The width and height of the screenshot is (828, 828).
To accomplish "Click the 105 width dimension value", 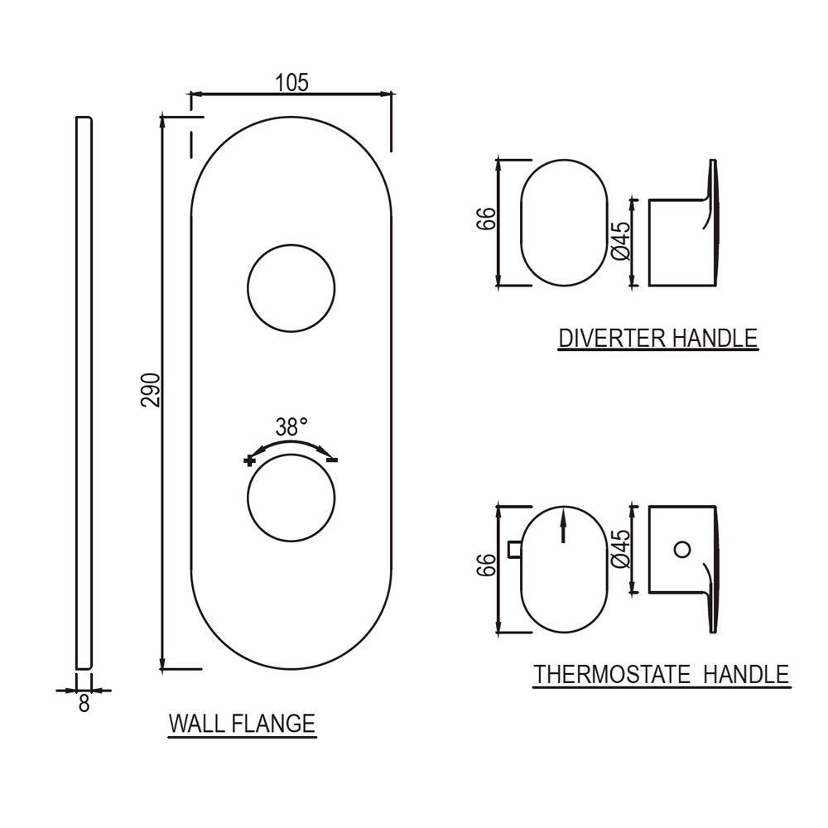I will (x=291, y=82).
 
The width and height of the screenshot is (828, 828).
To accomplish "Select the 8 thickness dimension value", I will (x=84, y=705).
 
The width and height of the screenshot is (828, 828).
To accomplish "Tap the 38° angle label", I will (x=291, y=427).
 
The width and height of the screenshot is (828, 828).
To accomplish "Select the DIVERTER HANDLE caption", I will (x=657, y=338).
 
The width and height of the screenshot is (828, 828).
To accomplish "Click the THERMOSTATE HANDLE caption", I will (x=661, y=674).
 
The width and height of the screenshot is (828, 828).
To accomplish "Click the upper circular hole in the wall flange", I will (x=291, y=289).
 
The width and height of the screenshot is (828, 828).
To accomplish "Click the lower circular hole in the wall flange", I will (x=291, y=499).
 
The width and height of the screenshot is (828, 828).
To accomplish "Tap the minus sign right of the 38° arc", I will (x=333, y=460).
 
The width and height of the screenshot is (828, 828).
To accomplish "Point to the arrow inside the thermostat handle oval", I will (x=563, y=527).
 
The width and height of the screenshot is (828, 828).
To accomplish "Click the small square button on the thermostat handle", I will (x=513, y=548).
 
